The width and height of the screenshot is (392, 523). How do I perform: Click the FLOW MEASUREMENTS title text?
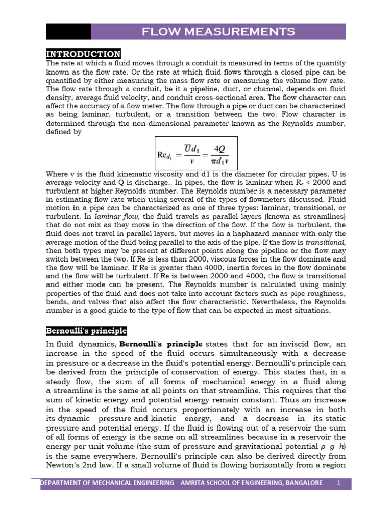click(x=218, y=32)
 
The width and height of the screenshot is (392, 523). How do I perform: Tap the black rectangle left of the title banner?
click(x=68, y=32)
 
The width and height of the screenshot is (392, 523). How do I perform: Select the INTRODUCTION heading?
click(x=84, y=54)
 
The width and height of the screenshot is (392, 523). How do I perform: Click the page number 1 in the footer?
click(x=338, y=483)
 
